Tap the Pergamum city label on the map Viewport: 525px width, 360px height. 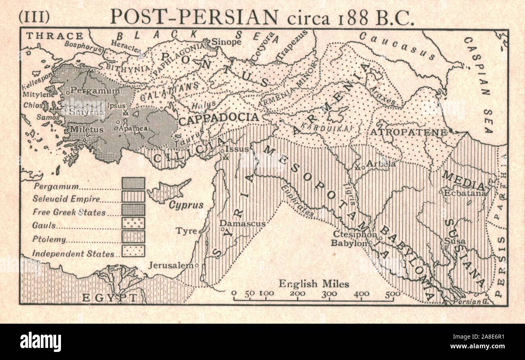coord(95,91)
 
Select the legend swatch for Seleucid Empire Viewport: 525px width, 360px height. coord(133,197)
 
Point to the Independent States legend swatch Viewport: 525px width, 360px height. coord(133,251)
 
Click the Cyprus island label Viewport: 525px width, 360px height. coord(186,205)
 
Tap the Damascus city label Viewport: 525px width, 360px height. coord(242,223)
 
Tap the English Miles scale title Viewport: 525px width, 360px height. coord(313,284)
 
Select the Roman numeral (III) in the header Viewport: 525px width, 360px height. coord(34,17)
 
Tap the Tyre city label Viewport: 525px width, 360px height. coord(186,231)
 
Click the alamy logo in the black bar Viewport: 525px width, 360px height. coord(40,342)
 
